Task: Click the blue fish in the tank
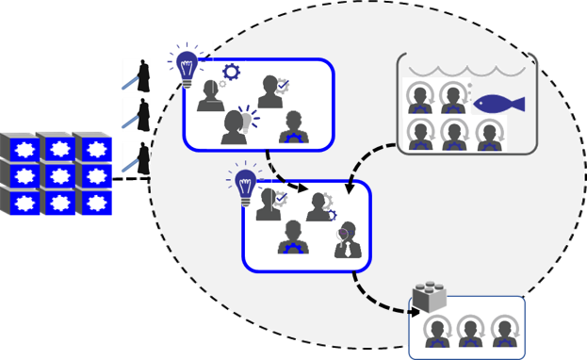(x=497, y=103)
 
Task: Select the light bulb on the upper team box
(x=188, y=67)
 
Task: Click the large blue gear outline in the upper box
(x=230, y=72)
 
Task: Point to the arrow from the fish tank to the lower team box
(x=372, y=160)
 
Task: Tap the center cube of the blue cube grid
(x=59, y=174)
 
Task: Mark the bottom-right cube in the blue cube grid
(x=95, y=201)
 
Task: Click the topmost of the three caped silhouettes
(x=137, y=75)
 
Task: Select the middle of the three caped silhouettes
(x=137, y=115)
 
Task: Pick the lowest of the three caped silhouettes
(x=137, y=157)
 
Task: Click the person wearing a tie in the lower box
(x=346, y=240)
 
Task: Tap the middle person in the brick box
(x=468, y=330)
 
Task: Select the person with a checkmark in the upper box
(x=272, y=92)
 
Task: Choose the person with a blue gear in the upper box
(x=293, y=128)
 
